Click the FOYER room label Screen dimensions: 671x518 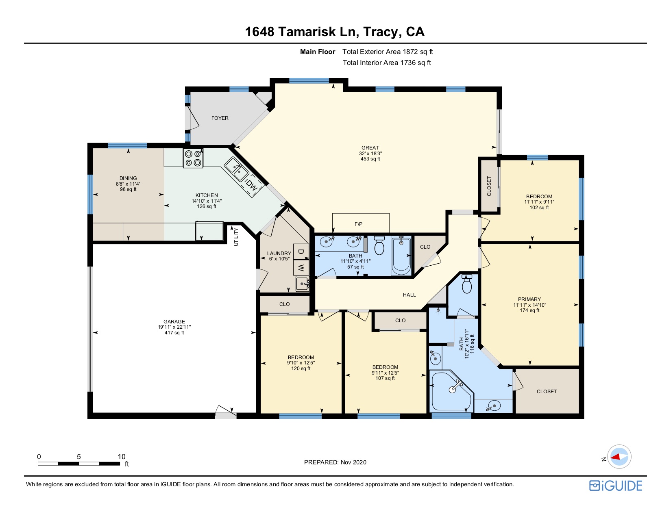[x=220, y=118]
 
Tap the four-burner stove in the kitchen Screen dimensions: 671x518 [x=193, y=158]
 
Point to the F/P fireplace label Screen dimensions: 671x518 [x=358, y=224]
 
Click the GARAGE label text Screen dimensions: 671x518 [x=174, y=321]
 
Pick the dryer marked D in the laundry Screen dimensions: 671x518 [x=301, y=252]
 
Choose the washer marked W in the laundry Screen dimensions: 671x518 [x=301, y=267]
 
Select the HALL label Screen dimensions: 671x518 [x=409, y=295]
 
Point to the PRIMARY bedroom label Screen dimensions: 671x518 [x=529, y=299]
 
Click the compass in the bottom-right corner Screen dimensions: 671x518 [x=619, y=457]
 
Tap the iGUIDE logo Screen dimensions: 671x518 [x=616, y=485]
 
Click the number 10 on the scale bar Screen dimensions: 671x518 [x=121, y=457]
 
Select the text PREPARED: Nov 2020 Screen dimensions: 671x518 [x=335, y=462]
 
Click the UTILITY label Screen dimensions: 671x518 [x=236, y=236]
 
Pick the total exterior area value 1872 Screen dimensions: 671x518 [x=410, y=52]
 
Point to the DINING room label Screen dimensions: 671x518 [x=128, y=178]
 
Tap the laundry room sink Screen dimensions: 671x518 [x=303, y=284]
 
